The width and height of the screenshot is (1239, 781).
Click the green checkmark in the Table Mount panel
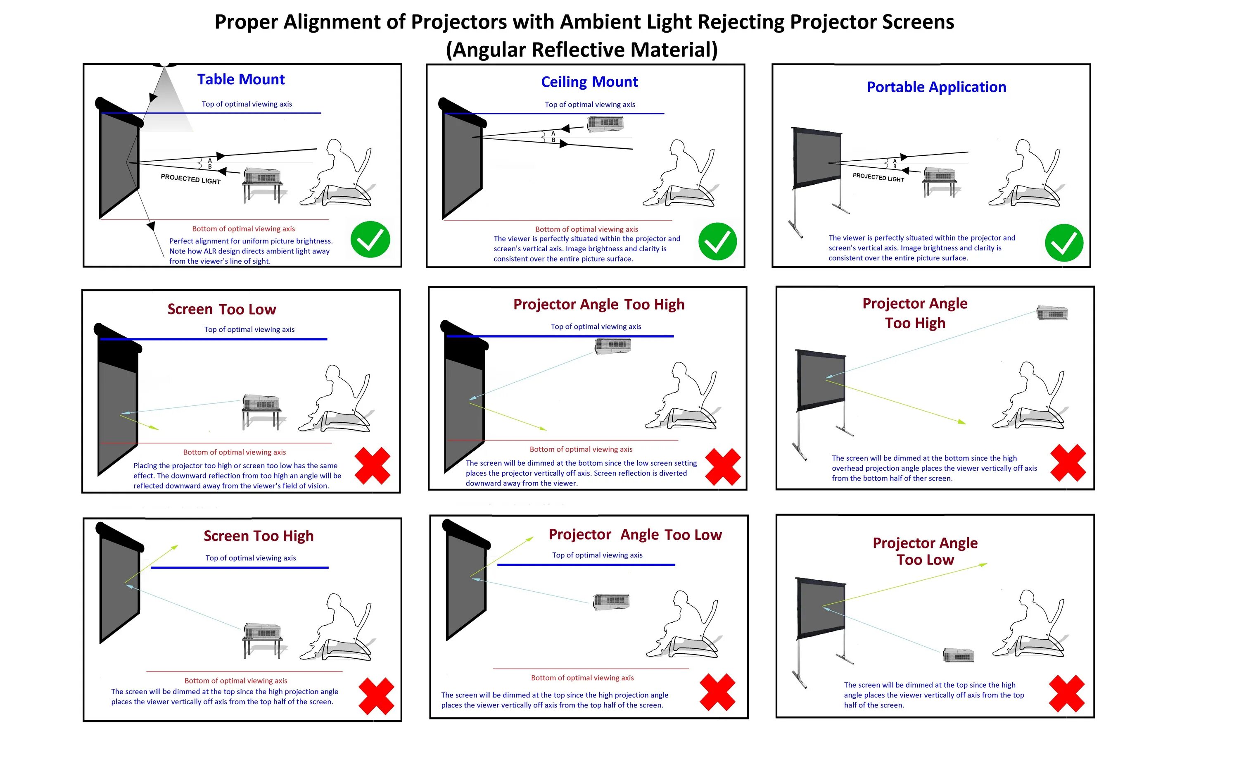pyautogui.click(x=370, y=239)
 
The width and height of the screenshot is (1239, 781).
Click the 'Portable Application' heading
pyautogui.click(x=936, y=87)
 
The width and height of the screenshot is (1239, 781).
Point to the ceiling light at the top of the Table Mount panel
pyautogui.click(x=165, y=65)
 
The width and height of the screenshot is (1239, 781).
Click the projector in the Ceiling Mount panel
pyautogui.click(x=605, y=124)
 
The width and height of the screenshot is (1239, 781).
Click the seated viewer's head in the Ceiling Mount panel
pyautogui.click(x=678, y=148)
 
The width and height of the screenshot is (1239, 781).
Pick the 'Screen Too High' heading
pyautogui.click(x=258, y=536)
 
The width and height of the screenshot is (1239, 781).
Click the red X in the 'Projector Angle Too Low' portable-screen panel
pyautogui.click(x=1067, y=693)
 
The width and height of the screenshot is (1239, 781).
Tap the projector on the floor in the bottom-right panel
pyautogui.click(x=958, y=655)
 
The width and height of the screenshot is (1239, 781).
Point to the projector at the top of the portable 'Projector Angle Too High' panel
pyautogui.click(x=1052, y=313)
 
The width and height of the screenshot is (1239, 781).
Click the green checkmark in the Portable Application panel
pyautogui.click(x=1063, y=243)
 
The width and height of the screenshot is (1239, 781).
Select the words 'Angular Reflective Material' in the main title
pyautogui.click(x=582, y=50)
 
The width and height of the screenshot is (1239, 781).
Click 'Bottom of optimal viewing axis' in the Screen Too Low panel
pyautogui.click(x=234, y=452)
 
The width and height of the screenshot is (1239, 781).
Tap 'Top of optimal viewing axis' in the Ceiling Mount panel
pyautogui.click(x=590, y=105)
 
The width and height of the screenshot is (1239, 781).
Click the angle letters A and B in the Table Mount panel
pyautogui.click(x=210, y=164)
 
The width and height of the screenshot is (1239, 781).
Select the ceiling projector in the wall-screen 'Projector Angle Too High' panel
pyautogui.click(x=612, y=345)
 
